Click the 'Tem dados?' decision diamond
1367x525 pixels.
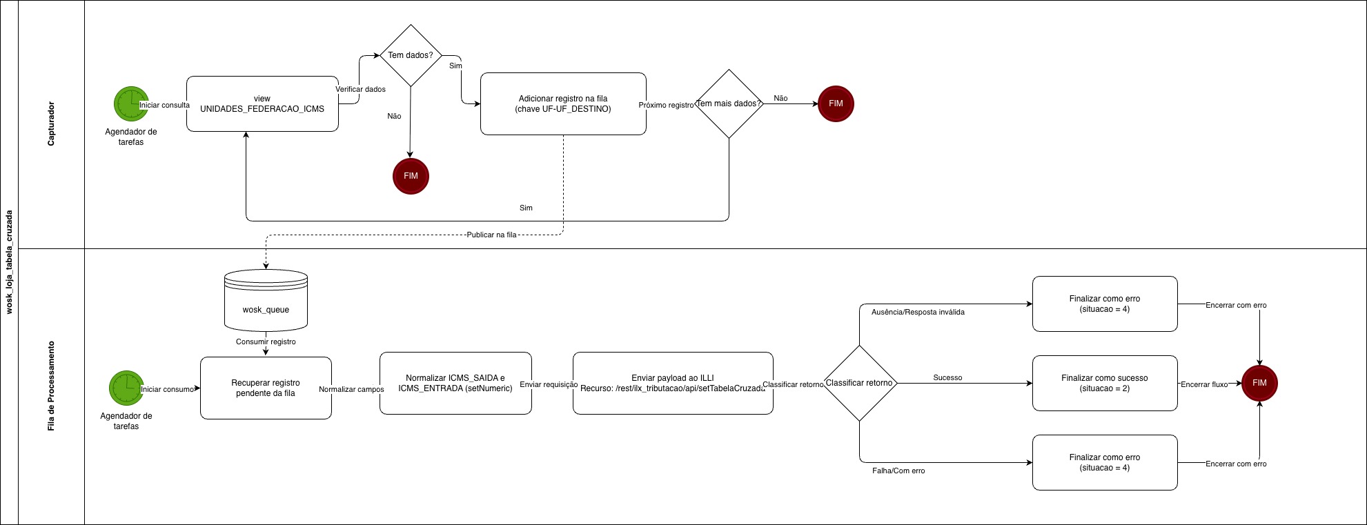click(x=411, y=55)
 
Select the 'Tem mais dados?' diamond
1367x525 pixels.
click(x=729, y=103)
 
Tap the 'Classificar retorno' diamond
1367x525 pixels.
click(x=859, y=383)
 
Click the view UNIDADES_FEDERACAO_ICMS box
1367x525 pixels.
click(x=262, y=103)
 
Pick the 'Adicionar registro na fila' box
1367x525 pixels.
click(x=563, y=103)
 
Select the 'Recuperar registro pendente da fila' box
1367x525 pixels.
click(x=266, y=388)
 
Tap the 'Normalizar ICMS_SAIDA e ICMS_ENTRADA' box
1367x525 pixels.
click(x=455, y=383)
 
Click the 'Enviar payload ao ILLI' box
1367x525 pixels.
click(x=673, y=383)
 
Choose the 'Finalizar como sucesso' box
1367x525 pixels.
click(x=1104, y=383)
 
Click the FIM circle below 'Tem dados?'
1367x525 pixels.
click(x=411, y=176)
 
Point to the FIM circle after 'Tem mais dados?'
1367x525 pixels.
click(x=836, y=103)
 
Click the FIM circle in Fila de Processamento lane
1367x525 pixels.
click(x=1259, y=383)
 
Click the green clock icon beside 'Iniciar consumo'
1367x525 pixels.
click(x=126, y=388)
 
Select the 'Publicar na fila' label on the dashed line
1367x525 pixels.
click(x=491, y=235)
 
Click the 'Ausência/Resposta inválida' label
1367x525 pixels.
click(x=918, y=312)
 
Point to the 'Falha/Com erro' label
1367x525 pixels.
click(x=898, y=470)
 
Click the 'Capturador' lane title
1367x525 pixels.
click(x=51, y=124)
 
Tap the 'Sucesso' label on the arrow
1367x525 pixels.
click(x=947, y=377)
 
